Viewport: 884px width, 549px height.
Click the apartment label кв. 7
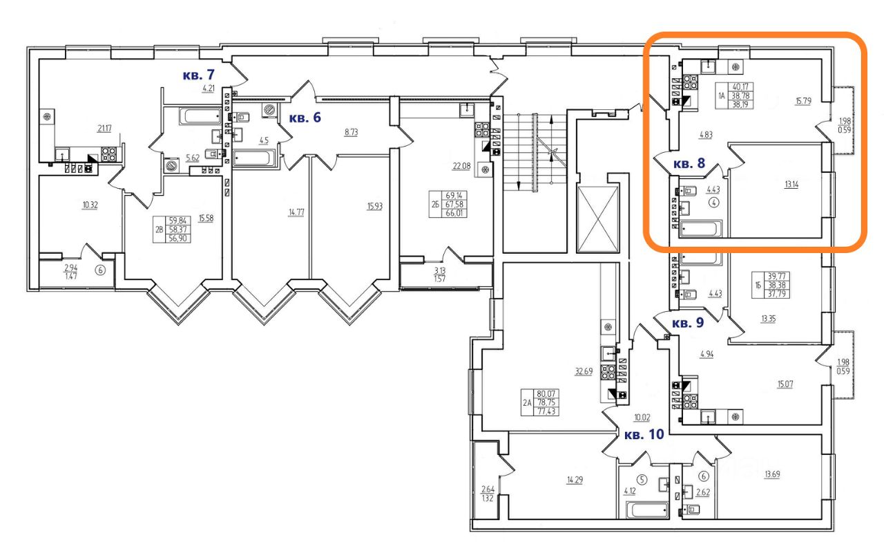click(200, 74)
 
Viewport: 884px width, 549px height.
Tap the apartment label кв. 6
click(305, 118)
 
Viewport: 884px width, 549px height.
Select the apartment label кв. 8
click(689, 164)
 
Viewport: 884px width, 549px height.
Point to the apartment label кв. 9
click(689, 323)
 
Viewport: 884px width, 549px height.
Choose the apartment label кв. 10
click(644, 435)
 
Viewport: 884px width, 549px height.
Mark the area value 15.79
click(803, 102)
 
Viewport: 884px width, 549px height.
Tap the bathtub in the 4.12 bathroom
click(647, 510)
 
